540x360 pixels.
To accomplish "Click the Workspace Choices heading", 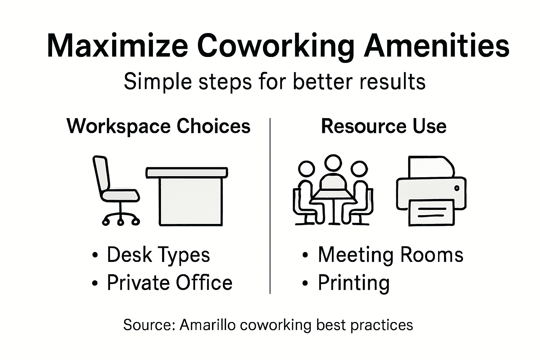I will tap(159, 126).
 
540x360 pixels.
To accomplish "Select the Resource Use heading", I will tap(384, 126).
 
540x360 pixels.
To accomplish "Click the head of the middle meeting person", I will tap(333, 163).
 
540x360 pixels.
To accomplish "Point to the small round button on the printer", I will tap(457, 188).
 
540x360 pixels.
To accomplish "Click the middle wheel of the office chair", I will tap(121, 222).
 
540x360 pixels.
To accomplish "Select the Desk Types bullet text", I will tap(158, 255).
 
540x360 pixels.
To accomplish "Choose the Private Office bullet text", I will tap(169, 282).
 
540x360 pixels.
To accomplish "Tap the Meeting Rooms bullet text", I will tap(391, 255).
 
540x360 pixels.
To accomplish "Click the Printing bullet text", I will tap(354, 283).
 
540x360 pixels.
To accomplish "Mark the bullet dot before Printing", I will tap(305, 283).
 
